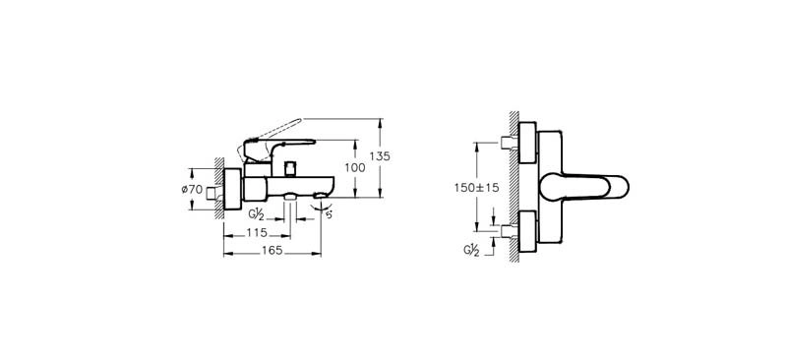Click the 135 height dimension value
point(380,156)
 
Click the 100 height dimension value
point(355,167)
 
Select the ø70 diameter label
point(192,189)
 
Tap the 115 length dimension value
point(257,233)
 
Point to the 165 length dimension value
point(272,251)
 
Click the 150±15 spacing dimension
point(477,187)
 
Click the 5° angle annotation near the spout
point(329,214)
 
